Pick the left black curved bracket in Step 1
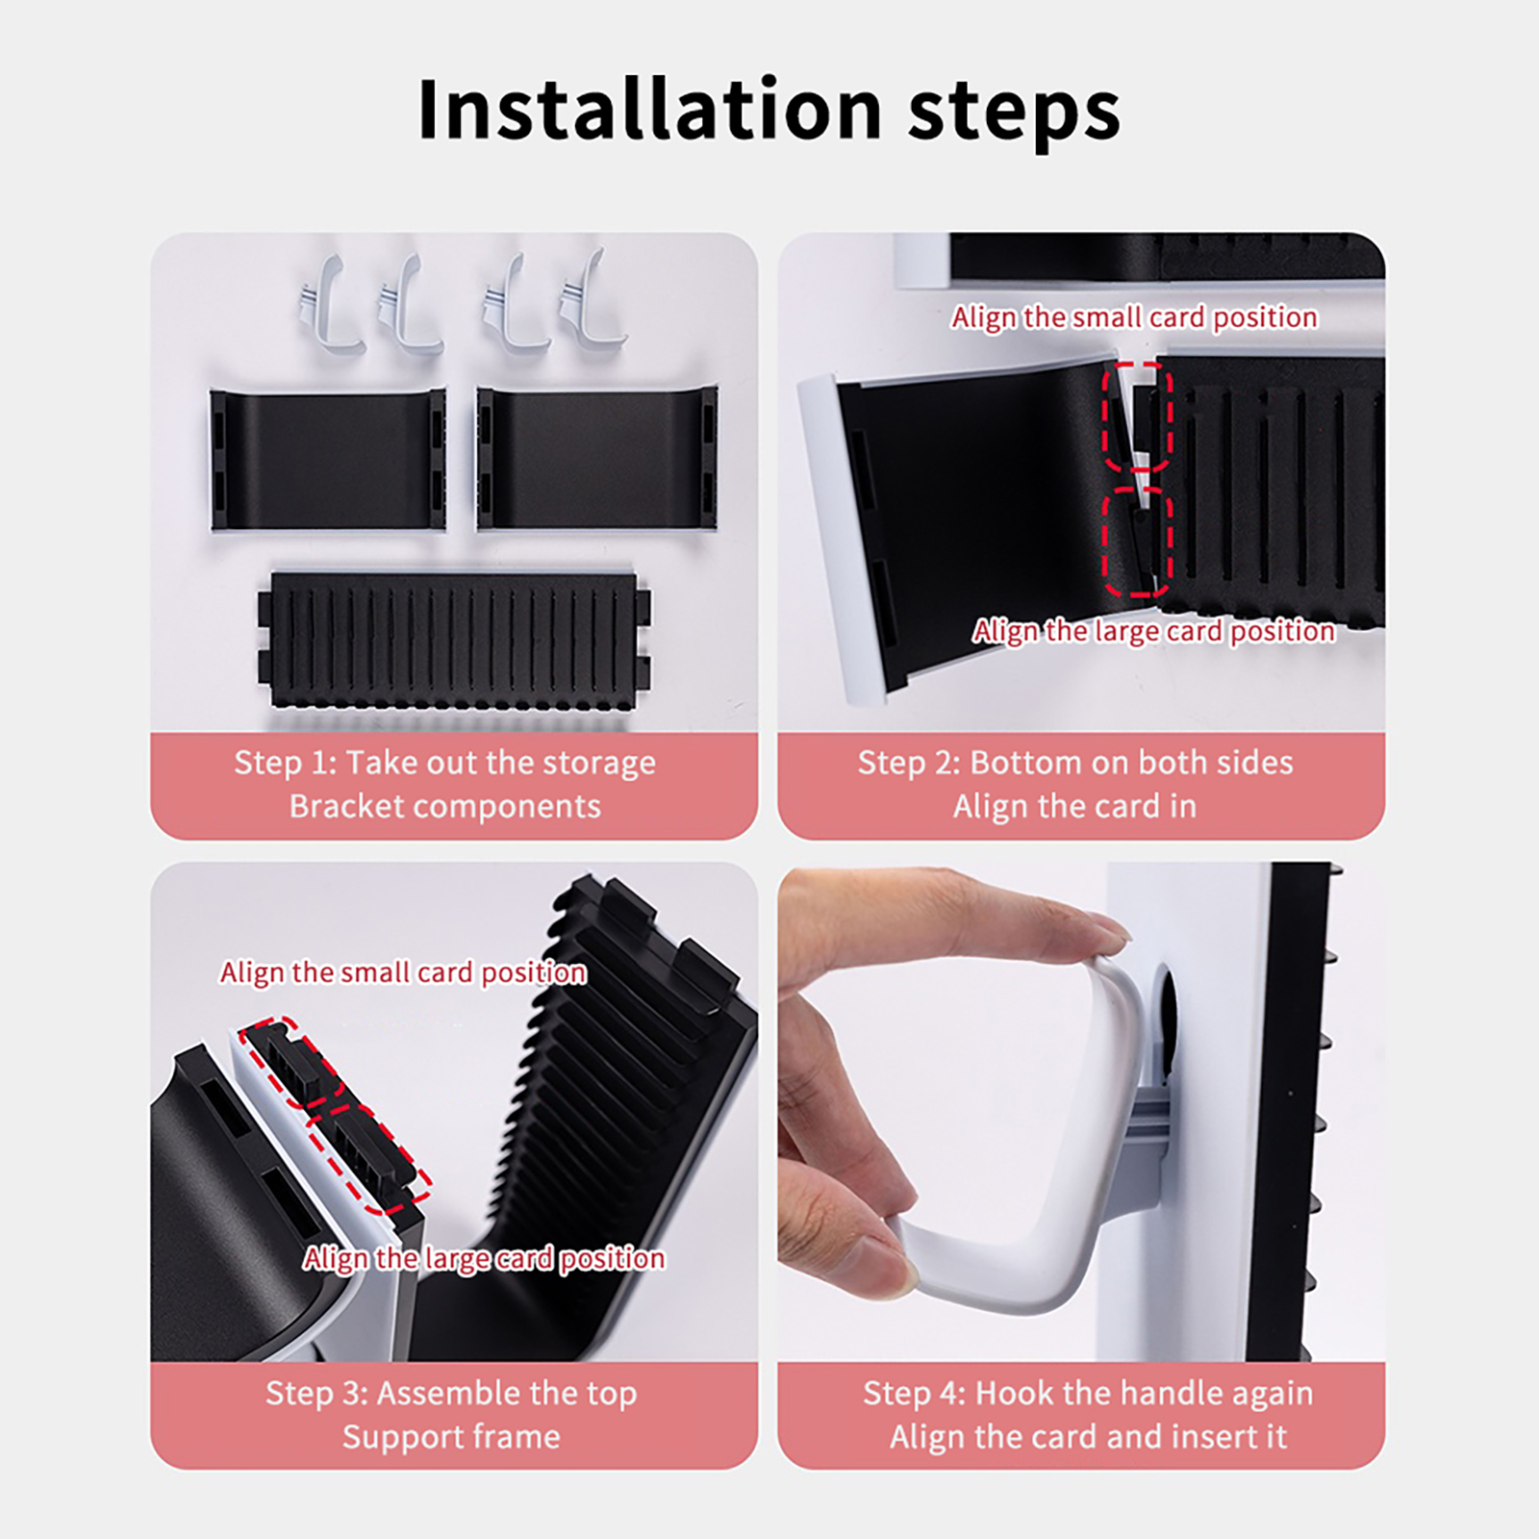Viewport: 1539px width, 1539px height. pyautogui.click(x=328, y=460)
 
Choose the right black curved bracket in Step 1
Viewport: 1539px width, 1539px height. pyautogui.click(x=597, y=458)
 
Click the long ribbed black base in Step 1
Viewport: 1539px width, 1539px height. pyautogui.click(x=454, y=640)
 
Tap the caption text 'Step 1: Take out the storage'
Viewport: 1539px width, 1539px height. pyautogui.click(x=445, y=763)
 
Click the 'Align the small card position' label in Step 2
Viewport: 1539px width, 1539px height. pyautogui.click(x=1135, y=317)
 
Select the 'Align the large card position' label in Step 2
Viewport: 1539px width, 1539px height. pyautogui.click(x=1154, y=631)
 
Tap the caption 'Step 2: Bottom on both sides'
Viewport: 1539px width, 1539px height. pyautogui.click(x=1075, y=763)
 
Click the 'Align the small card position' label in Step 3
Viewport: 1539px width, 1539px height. pyautogui.click(x=403, y=972)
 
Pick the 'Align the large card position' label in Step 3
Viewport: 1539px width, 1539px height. pyautogui.click(x=484, y=1258)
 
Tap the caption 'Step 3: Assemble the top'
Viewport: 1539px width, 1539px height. pyautogui.click(x=451, y=1393)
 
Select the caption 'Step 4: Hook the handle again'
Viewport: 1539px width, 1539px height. pyautogui.click(x=1088, y=1393)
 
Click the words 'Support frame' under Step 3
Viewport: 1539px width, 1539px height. pyautogui.click(x=451, y=1437)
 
